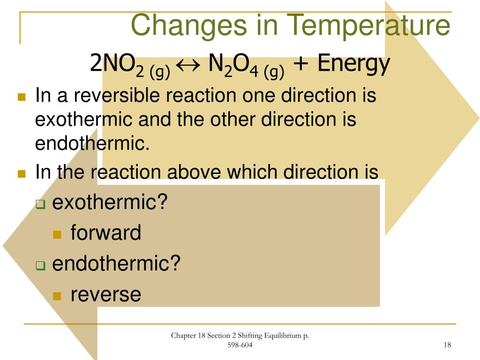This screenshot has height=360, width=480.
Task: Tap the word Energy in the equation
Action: click(353, 64)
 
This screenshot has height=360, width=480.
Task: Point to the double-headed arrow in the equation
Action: click(190, 65)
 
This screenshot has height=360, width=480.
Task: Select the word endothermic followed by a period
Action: click(92, 143)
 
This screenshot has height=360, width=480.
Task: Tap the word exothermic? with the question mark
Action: click(110, 203)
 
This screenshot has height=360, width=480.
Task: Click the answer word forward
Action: click(105, 233)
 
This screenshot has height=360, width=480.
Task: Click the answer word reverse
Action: click(105, 294)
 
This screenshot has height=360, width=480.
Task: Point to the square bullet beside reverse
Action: click(57, 296)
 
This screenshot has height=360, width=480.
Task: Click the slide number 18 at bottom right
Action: click(447, 345)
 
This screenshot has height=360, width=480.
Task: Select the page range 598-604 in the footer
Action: click(240, 345)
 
